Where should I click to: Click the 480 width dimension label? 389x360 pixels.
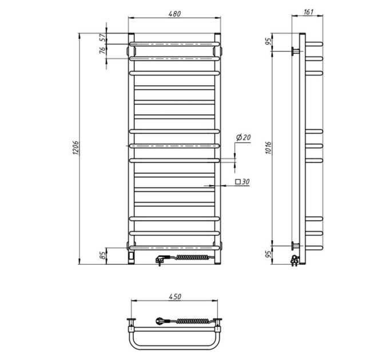(174, 14)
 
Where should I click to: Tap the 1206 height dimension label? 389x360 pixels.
(76, 148)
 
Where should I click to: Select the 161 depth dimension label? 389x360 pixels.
(308, 11)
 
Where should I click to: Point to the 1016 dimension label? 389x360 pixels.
(269, 148)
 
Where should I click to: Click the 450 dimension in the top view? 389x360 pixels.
(175, 297)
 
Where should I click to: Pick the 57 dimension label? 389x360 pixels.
(102, 38)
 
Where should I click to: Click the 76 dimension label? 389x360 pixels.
(102, 50)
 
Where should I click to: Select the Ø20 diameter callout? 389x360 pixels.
(243, 137)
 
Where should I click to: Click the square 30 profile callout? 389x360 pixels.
(242, 182)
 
